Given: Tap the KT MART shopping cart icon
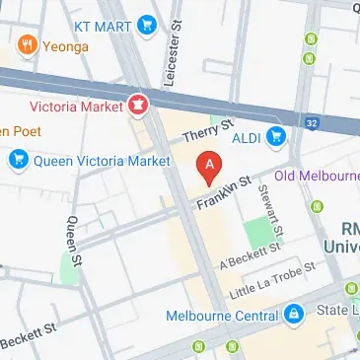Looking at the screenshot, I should pos(148,22).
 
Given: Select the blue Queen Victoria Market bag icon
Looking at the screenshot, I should pos(18,157).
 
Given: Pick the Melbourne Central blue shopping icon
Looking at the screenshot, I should pos(292,315).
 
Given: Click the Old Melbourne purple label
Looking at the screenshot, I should pos(317,177).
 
